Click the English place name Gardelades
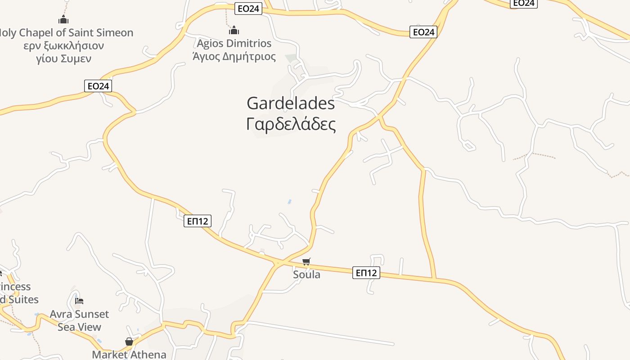(291, 103)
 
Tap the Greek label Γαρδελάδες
(291, 125)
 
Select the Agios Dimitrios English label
(234, 44)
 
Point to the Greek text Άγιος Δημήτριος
(234, 57)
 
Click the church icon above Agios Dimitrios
(234, 31)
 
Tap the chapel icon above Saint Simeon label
(63, 20)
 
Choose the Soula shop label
(306, 274)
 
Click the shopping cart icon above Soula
(306, 261)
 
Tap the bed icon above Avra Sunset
(80, 301)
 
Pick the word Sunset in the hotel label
(92, 314)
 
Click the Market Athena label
(129, 355)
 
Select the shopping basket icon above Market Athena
(129, 342)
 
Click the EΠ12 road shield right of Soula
(366, 273)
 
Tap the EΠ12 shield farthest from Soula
(198, 221)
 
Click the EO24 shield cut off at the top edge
(523, 3)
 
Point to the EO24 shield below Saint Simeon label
(98, 86)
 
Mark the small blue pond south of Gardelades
(289, 202)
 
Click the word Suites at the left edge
(22, 300)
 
